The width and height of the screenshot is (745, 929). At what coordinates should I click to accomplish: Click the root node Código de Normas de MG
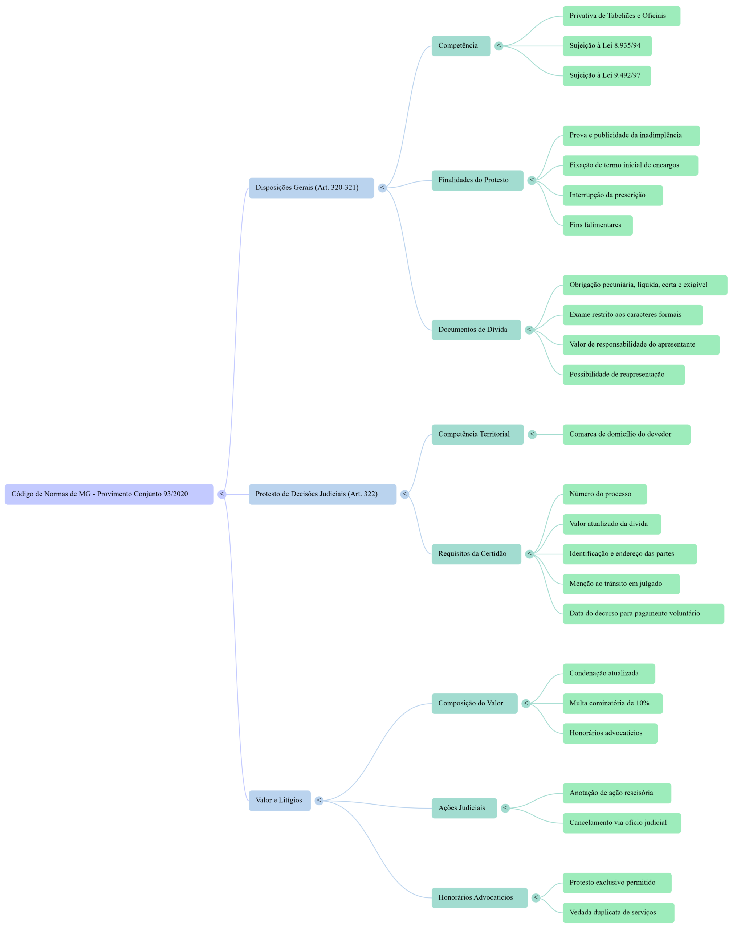pyautogui.click(x=109, y=494)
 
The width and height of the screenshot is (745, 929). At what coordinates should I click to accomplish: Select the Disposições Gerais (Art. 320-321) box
pyautogui.click(x=311, y=188)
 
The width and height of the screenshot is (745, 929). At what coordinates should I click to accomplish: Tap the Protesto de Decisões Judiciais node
pyautogui.click(x=322, y=494)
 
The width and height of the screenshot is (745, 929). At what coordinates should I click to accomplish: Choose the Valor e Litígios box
pyautogui.click(x=280, y=801)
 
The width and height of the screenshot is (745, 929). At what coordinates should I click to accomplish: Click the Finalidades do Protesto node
pyautogui.click(x=477, y=180)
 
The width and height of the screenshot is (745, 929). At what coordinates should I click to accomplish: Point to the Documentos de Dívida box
pyautogui.click(x=476, y=330)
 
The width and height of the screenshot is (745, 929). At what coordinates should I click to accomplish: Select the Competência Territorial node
pyautogui.click(x=477, y=434)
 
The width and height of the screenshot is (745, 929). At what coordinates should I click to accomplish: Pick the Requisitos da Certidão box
pyautogui.click(x=476, y=554)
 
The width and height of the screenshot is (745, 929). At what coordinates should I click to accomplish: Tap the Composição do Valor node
pyautogui.click(x=474, y=703)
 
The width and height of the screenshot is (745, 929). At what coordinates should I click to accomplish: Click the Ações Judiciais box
pyautogui.click(x=464, y=808)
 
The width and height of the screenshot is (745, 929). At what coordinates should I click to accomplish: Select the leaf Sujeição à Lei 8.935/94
pyautogui.click(x=607, y=46)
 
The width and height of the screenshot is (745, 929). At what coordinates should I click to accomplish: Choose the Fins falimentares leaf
pyautogui.click(x=597, y=225)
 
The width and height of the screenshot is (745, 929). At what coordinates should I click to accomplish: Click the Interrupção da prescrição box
pyautogui.click(x=612, y=195)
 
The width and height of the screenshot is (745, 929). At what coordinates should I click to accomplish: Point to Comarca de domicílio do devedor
pyautogui.click(x=626, y=434)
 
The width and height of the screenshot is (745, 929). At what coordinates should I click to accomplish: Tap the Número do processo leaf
pyautogui.click(x=604, y=494)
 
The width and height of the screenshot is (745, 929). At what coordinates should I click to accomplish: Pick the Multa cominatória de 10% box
pyautogui.click(x=612, y=703)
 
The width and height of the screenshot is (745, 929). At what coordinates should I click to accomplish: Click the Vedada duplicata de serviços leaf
pyautogui.click(x=618, y=913)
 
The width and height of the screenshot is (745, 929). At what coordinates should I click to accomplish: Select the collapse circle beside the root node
pyautogui.click(x=221, y=494)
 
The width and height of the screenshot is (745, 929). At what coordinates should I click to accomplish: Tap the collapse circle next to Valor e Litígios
pyautogui.click(x=319, y=801)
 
